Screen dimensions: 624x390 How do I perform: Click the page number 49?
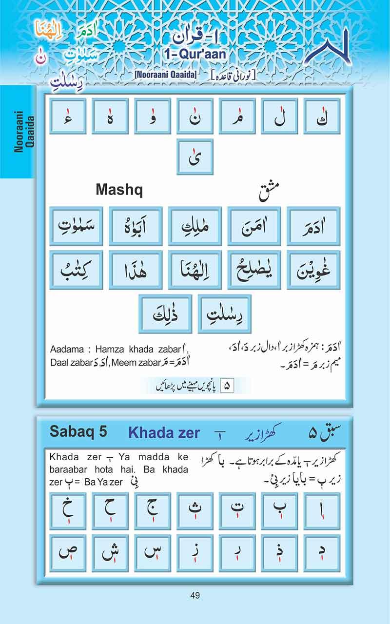pos(195,595)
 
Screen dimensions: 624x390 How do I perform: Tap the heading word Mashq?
pos(119,190)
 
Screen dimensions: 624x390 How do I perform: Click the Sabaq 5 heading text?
pos(78,432)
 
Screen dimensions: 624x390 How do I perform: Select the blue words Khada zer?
pos(164,432)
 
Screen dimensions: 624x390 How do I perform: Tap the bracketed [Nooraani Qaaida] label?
pos(165,75)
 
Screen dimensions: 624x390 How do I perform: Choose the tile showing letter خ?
pos(68,511)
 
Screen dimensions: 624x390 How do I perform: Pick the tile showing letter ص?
pos(68,553)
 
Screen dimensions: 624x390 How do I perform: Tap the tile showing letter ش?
pos(110,553)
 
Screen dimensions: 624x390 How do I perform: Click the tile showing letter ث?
pos(195,511)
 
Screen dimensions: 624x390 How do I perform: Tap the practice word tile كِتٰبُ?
pos(76,270)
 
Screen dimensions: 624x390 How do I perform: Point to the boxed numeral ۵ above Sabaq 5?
pos(227,386)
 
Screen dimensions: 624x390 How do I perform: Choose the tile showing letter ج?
pos(153,511)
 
